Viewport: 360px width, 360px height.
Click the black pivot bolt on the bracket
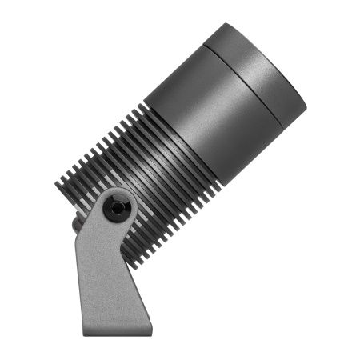(118, 207)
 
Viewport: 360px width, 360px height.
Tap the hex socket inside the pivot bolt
(118, 208)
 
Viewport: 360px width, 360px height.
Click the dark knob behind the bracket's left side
(78, 225)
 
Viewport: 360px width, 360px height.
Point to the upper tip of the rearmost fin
(57, 183)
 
